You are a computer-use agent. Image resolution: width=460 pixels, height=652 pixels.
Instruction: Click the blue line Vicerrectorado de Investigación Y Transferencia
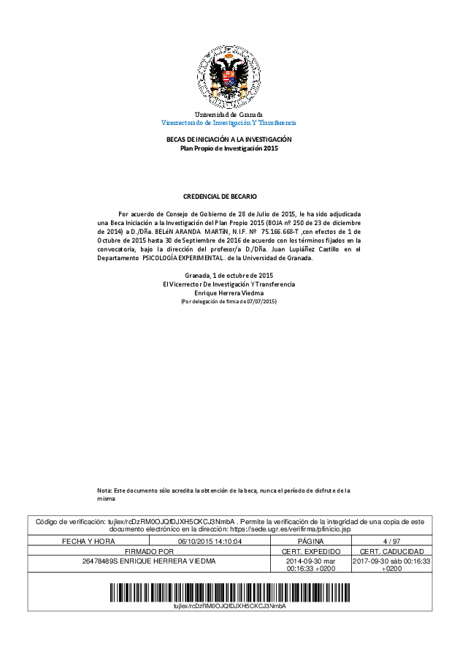coord(229,123)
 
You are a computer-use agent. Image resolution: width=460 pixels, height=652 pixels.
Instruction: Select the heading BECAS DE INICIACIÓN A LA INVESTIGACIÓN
coord(229,140)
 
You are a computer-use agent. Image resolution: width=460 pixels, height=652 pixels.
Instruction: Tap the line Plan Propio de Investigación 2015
coord(229,148)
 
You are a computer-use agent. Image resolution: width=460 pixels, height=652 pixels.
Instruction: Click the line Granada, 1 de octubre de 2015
coord(229,275)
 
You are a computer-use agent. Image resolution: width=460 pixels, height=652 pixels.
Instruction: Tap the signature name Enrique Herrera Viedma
coord(229,292)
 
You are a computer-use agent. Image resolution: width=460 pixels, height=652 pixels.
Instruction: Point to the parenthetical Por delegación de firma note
coord(229,301)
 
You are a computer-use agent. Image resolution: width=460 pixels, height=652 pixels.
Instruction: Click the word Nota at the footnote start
coord(105,490)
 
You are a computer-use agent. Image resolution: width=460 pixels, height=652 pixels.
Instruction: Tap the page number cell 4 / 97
coord(391,541)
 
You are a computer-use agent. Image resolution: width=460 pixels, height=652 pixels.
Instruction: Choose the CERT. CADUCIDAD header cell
coord(391,551)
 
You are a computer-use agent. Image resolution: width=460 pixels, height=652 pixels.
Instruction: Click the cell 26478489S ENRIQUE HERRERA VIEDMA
coord(149,561)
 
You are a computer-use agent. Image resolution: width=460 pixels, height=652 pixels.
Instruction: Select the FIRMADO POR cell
coord(149,551)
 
